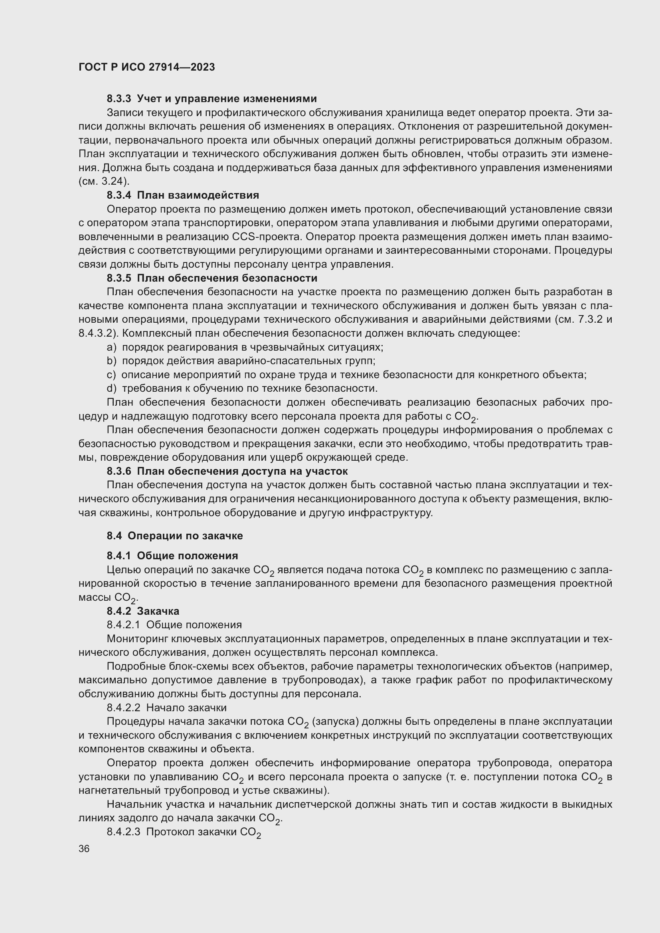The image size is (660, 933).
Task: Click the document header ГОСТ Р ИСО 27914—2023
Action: click(x=147, y=67)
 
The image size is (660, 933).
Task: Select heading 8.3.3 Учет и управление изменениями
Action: click(x=212, y=99)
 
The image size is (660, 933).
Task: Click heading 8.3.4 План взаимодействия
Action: click(x=183, y=195)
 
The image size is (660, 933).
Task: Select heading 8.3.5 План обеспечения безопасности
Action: click(x=212, y=278)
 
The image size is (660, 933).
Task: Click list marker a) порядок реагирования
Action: click(x=111, y=347)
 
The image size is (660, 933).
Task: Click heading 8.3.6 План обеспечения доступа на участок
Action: click(x=227, y=471)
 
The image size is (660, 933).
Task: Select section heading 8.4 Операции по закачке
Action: click(x=175, y=536)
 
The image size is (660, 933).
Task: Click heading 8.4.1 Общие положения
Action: click(x=172, y=556)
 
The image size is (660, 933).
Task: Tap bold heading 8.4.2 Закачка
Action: click(x=143, y=611)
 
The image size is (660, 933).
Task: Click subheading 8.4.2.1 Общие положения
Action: click(x=174, y=625)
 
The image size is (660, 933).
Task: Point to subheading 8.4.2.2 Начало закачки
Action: click(x=167, y=708)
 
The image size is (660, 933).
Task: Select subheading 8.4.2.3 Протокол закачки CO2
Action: click(x=184, y=832)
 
